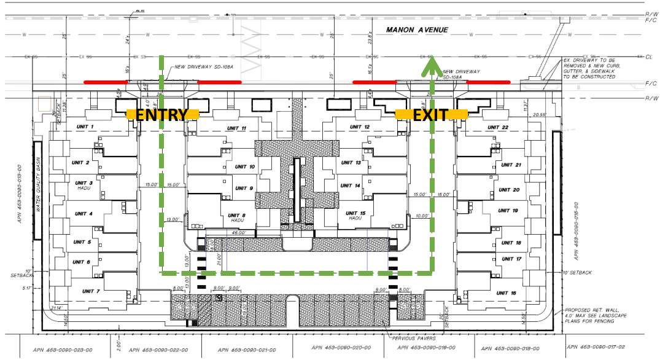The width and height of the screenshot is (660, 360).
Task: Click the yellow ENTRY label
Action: tap(162, 114)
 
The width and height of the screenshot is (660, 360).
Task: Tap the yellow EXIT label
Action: tap(431, 114)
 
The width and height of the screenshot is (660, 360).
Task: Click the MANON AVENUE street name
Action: tap(417, 29)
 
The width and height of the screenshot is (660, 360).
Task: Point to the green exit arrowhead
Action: tap(431, 59)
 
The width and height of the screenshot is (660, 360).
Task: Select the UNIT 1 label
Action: tap(84, 127)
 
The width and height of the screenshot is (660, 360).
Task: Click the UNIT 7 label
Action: tap(90, 291)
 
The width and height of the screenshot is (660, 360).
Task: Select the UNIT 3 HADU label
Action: tap(84, 186)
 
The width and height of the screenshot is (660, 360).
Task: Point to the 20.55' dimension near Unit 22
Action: tap(540, 114)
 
